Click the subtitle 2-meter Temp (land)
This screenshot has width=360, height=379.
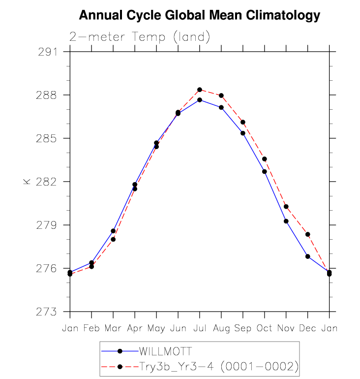140,36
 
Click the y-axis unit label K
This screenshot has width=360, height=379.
27,182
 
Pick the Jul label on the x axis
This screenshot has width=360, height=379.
200,328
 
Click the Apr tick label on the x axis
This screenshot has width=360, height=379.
135,328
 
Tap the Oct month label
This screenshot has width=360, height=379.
265,328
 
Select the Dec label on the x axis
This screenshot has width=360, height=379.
308,328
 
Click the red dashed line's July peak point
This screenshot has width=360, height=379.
200,90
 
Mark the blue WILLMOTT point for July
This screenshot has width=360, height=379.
200,100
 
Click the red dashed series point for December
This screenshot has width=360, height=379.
308,234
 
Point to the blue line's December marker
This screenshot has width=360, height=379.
308,256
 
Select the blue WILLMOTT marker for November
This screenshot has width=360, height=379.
286,221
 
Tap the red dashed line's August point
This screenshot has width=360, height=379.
221,95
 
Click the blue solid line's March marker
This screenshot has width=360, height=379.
113,231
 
